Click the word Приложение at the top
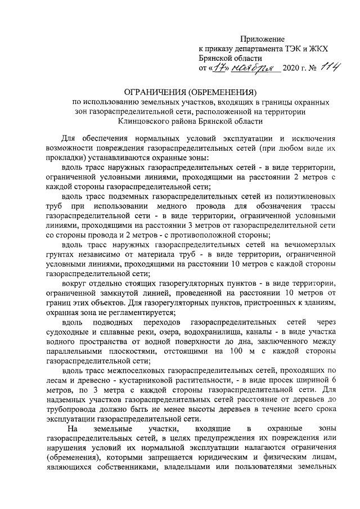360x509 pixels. click(263, 39)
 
